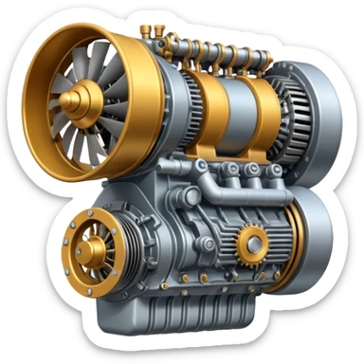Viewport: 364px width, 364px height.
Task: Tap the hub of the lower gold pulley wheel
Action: tap(90, 250)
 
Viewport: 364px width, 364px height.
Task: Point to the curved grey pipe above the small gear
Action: tap(254, 194)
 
